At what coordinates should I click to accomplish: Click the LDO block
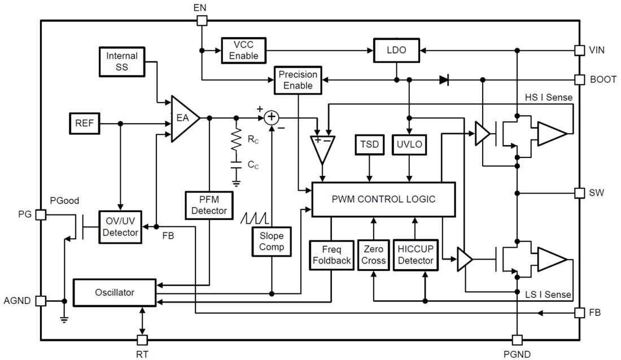[x=396, y=50]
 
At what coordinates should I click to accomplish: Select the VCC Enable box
[x=243, y=50]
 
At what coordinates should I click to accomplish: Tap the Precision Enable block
[x=298, y=80]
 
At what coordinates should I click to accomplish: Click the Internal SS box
[x=122, y=62]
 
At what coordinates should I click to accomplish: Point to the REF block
[x=85, y=124]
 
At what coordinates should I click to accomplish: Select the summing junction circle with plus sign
[x=272, y=117]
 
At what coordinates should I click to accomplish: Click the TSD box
[x=369, y=145]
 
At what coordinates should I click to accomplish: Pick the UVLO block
[x=410, y=145]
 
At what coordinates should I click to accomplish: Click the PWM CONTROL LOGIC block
[x=383, y=199]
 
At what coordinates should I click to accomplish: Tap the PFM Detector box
[x=209, y=205]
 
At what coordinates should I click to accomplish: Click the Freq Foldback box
[x=331, y=255]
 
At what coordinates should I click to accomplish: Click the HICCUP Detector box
[x=415, y=255]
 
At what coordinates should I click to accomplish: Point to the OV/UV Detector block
[x=120, y=227]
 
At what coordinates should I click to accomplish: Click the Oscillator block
[x=115, y=292]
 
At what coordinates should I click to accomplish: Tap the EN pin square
[x=202, y=21]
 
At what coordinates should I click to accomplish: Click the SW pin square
[x=579, y=193]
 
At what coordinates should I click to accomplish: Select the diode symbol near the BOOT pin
[x=444, y=80]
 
